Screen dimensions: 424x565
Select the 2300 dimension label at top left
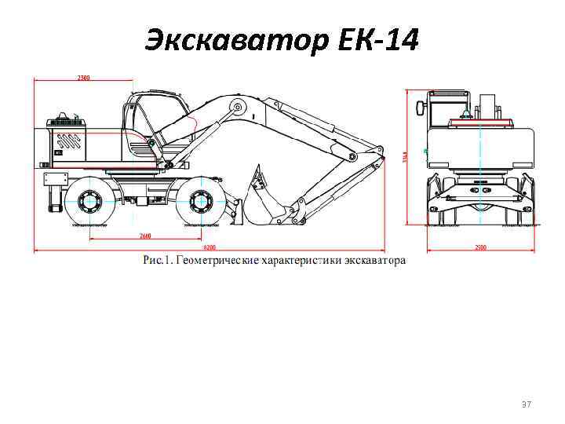pyautogui.click(x=82, y=78)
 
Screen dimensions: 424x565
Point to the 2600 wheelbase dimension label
pyautogui.click(x=145, y=236)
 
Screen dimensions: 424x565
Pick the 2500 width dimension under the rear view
pyautogui.click(x=480, y=247)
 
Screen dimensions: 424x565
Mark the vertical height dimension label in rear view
pyautogui.click(x=406, y=156)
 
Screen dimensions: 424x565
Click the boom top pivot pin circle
pyautogui.click(x=234, y=108)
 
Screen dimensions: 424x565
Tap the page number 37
pyautogui.click(x=527, y=404)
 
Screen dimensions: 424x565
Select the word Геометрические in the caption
pyautogui.click(x=215, y=260)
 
